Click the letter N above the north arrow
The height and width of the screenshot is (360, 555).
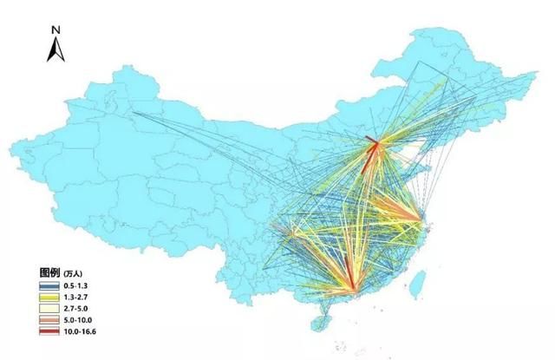(x=55, y=29)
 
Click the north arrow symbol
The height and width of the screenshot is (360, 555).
(x=55, y=50)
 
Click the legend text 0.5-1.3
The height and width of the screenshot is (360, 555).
(x=77, y=285)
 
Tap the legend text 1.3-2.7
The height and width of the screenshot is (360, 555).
(x=77, y=297)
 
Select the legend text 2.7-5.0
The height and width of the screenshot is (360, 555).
(x=77, y=308)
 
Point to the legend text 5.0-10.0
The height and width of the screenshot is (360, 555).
(x=79, y=319)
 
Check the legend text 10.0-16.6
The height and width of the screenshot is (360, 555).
(x=81, y=331)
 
